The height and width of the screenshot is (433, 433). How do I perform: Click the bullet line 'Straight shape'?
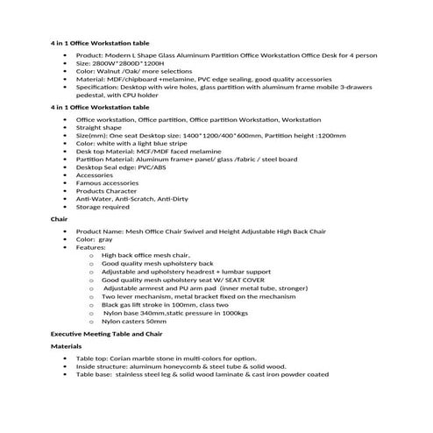point(102,126)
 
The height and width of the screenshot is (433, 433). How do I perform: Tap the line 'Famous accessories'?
point(108,182)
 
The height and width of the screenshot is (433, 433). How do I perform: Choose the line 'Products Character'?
point(107,190)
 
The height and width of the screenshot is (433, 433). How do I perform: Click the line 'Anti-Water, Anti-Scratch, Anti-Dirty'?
point(132,198)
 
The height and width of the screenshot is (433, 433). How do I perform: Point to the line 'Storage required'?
point(103,207)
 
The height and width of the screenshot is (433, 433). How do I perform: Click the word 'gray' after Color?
point(105,238)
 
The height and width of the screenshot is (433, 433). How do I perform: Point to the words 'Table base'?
point(94,374)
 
